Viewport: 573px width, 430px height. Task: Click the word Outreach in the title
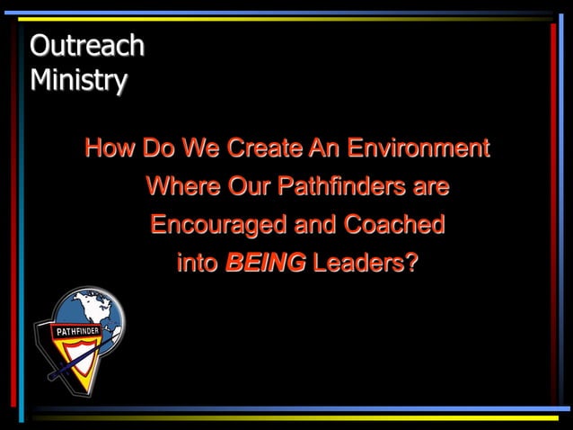86,45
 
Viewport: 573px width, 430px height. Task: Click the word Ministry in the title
78,80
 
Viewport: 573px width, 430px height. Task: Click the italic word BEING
266,264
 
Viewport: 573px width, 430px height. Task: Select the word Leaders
359,264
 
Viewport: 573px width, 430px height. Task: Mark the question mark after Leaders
412,264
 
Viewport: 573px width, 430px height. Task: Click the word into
198,264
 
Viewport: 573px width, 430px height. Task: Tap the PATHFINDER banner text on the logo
77,331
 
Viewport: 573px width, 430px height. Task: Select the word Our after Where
250,187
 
